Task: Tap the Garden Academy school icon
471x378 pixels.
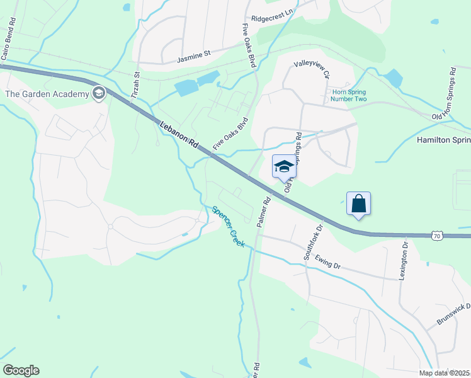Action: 98,94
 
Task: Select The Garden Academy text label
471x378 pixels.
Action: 47,94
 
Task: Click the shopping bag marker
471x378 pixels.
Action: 358,203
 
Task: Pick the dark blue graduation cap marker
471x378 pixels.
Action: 283,167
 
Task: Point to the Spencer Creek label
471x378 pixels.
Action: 227,226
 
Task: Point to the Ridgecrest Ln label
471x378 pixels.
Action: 272,19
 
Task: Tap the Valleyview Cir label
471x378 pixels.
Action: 312,69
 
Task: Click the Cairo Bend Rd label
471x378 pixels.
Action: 8,39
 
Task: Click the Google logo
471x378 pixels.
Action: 21,370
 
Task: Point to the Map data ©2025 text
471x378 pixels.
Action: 444,373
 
